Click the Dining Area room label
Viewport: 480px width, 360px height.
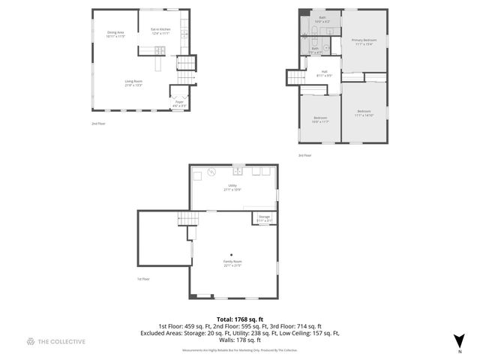[115, 34]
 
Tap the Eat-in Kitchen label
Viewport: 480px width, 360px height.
[160, 31]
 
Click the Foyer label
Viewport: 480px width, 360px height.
[179, 104]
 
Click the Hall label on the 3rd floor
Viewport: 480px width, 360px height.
[325, 73]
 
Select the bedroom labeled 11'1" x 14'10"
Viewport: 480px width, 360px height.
[364, 113]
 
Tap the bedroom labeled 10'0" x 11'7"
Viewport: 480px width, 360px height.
[320, 120]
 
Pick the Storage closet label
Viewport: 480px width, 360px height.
[265, 218]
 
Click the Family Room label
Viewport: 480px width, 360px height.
[232, 263]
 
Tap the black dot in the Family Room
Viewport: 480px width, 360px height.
[232, 253]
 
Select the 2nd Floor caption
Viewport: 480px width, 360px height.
[97, 123]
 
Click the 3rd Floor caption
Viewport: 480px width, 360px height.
[304, 155]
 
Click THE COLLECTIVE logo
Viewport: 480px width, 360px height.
[55, 341]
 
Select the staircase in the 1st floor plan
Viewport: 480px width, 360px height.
[188, 218]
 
